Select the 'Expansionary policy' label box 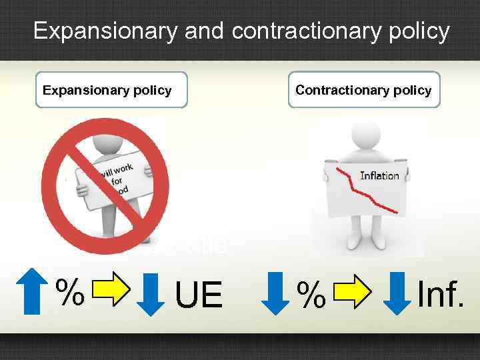coord(111,90)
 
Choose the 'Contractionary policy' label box coord(363,90)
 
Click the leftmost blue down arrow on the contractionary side coord(274,291)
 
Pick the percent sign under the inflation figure coord(310,293)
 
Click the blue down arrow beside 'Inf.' coord(397,291)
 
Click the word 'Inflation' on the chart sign coord(379,176)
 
